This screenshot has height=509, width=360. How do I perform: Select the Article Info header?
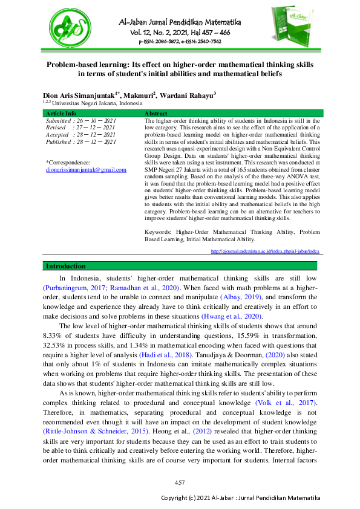coord(62,113)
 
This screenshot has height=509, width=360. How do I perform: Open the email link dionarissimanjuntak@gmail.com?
coord(86,170)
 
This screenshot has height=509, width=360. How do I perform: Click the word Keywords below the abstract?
coord(159,232)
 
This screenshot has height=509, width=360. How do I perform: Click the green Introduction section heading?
coord(67,266)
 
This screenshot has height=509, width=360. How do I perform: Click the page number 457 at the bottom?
coord(180,482)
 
